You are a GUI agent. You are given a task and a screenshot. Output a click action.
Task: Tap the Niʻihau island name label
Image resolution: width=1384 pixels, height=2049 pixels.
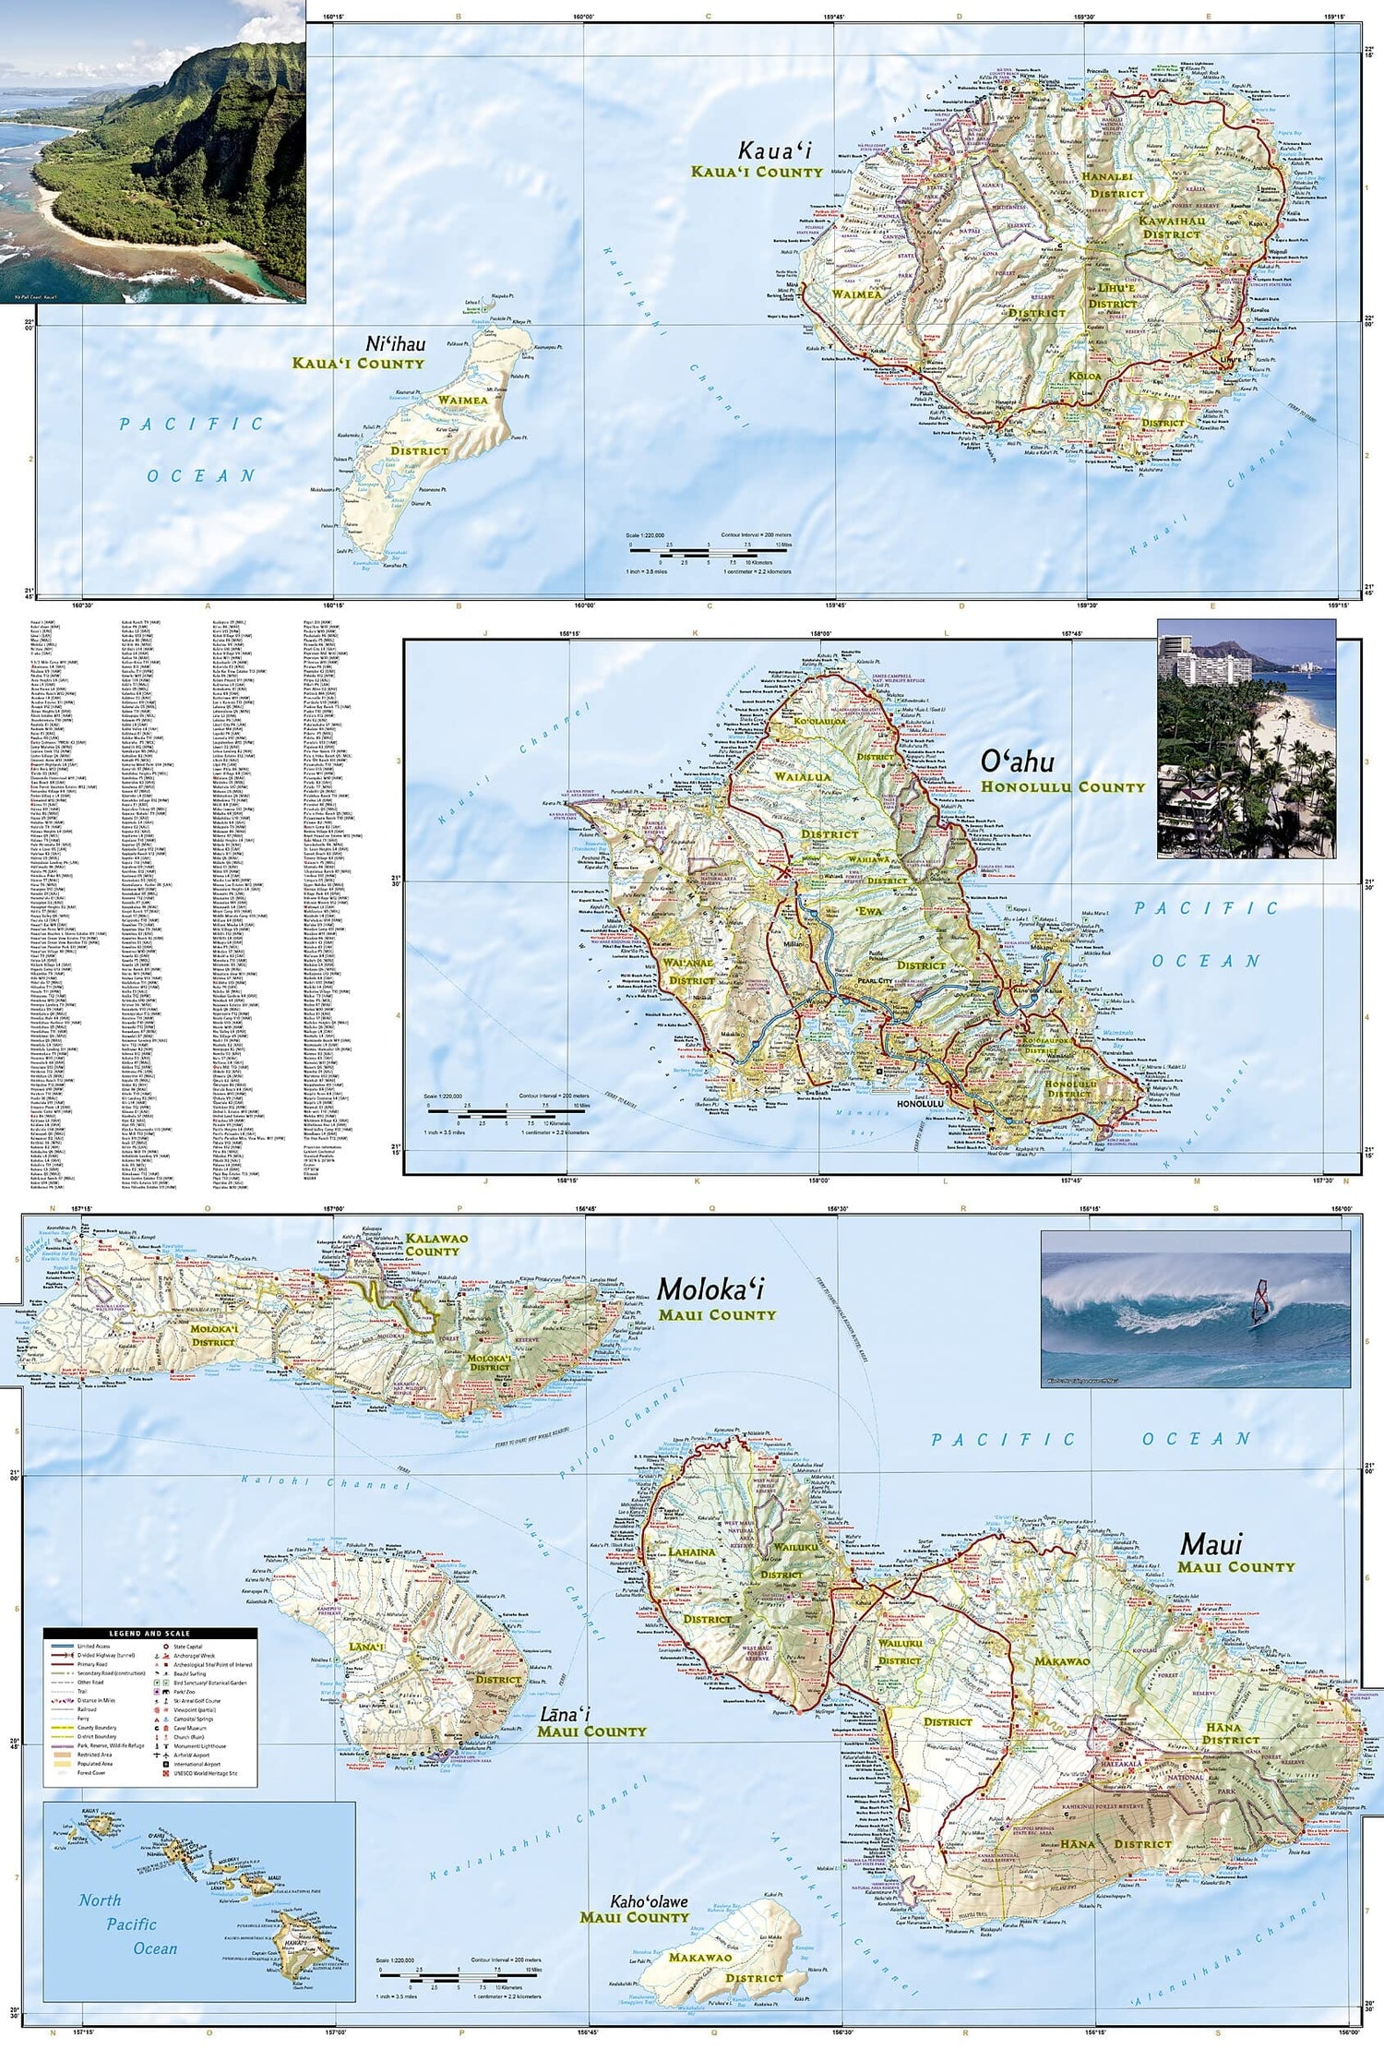(396, 344)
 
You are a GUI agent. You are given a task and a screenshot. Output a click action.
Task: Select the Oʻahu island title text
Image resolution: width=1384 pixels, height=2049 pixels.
(1017, 762)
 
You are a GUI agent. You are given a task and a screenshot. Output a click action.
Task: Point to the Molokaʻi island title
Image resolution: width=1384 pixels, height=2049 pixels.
(710, 1289)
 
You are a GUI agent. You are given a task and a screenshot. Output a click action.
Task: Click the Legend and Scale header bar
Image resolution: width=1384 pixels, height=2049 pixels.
(149, 1634)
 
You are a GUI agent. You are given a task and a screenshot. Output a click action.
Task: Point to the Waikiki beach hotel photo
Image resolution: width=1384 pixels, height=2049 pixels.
(1246, 738)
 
